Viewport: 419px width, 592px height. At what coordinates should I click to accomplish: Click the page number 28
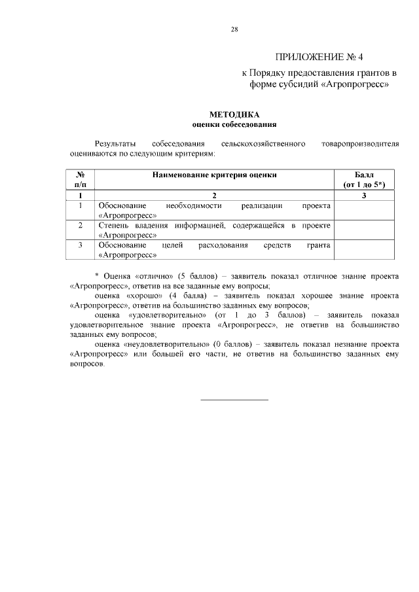(x=234, y=29)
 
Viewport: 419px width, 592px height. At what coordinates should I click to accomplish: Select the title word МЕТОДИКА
(x=234, y=114)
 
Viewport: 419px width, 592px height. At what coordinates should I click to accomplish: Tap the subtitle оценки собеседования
(x=234, y=124)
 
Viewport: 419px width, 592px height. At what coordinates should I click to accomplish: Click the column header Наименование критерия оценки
(x=214, y=175)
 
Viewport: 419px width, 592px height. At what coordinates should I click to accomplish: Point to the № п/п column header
(x=81, y=180)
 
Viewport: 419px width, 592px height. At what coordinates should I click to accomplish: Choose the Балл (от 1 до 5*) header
(x=364, y=180)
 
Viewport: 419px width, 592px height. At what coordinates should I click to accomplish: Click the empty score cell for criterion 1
(x=364, y=210)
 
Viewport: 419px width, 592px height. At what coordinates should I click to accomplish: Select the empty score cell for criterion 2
(x=364, y=230)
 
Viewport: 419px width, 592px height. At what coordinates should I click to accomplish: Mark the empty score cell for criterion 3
(x=364, y=249)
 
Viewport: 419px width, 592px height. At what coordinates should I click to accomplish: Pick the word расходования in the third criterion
(x=223, y=245)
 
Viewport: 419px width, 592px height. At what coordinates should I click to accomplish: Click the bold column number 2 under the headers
(x=214, y=195)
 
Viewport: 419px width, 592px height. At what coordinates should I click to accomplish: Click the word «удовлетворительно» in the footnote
(x=160, y=315)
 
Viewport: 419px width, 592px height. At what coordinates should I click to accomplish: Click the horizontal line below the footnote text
(x=234, y=399)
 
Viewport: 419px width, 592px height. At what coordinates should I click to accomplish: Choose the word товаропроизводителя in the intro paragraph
(x=359, y=143)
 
